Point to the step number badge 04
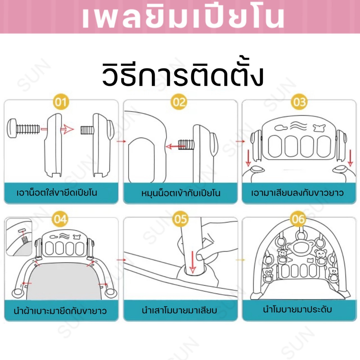(60, 220)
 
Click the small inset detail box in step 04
(19, 237)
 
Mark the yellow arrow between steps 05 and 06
(240, 260)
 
